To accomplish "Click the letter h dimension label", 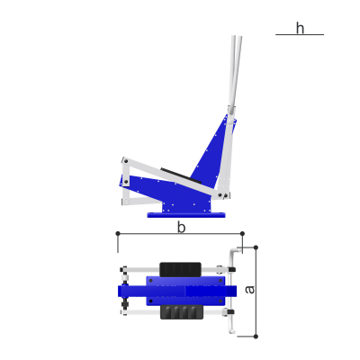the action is (x=300, y=29).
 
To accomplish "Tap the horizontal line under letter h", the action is (x=300, y=35).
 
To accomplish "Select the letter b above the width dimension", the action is (x=181, y=228).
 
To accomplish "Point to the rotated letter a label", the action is (x=249, y=290).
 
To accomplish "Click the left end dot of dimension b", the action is (x=118, y=233).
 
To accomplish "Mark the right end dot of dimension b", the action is (x=242, y=233).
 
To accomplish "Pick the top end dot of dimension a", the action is (x=256, y=247).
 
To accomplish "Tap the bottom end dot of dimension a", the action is (x=256, y=337).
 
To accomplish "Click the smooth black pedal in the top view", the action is (x=180, y=269).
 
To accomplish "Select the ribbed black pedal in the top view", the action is (x=182, y=312).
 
